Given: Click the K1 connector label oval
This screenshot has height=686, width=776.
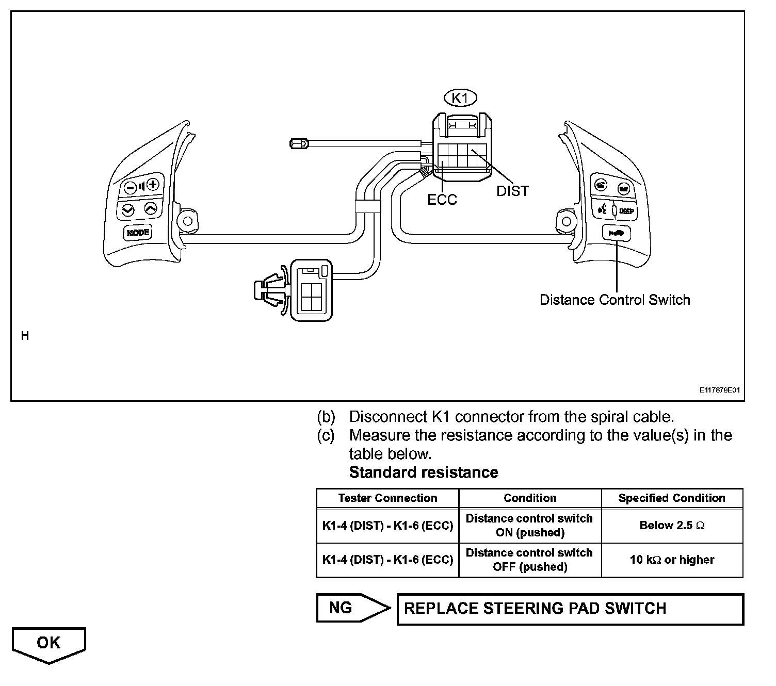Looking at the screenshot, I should click(x=460, y=97).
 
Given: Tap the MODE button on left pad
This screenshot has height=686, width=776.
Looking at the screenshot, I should click(x=138, y=233).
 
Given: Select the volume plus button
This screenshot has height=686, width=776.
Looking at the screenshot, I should click(x=153, y=185).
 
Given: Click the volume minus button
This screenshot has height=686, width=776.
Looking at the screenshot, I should click(x=131, y=187).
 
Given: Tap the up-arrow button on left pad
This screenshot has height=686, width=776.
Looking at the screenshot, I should click(x=150, y=208).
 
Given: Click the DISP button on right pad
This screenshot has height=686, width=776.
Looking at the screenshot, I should click(x=626, y=211).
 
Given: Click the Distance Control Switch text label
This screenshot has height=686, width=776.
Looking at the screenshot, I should click(x=615, y=300).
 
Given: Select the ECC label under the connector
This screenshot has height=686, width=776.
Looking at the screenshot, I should click(x=442, y=200).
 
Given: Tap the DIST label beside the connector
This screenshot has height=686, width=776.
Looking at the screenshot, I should click(x=512, y=191).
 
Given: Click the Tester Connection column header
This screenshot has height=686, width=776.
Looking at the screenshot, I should click(x=387, y=498).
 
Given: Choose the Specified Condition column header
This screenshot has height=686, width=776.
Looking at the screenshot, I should click(x=672, y=498).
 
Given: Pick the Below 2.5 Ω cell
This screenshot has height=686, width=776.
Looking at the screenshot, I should click(x=672, y=526).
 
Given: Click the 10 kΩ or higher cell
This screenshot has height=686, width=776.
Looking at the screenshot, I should click(x=672, y=560).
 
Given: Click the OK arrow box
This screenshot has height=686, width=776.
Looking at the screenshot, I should click(x=49, y=644).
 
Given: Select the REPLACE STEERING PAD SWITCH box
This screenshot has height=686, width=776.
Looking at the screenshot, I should click(x=570, y=609).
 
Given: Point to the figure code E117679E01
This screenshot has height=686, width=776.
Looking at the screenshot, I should click(x=720, y=390).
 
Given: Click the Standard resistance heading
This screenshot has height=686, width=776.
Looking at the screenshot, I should click(x=424, y=472).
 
